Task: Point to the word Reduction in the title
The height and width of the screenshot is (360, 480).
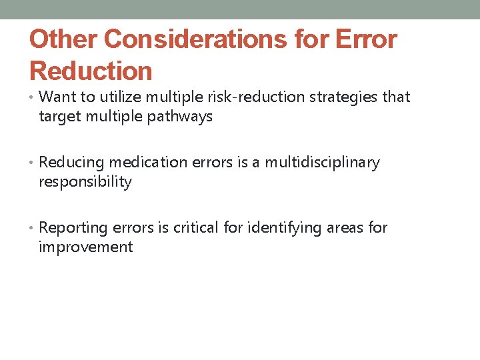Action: point(91,71)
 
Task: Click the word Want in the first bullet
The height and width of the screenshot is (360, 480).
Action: point(57,97)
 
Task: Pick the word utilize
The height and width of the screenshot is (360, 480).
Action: point(115,97)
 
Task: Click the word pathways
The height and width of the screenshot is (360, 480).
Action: point(181,117)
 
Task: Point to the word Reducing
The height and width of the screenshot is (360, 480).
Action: point(72,163)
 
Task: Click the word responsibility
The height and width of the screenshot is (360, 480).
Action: point(85,182)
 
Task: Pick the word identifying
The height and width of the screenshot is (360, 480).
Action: point(285,228)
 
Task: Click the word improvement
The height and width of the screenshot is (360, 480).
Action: point(86,247)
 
